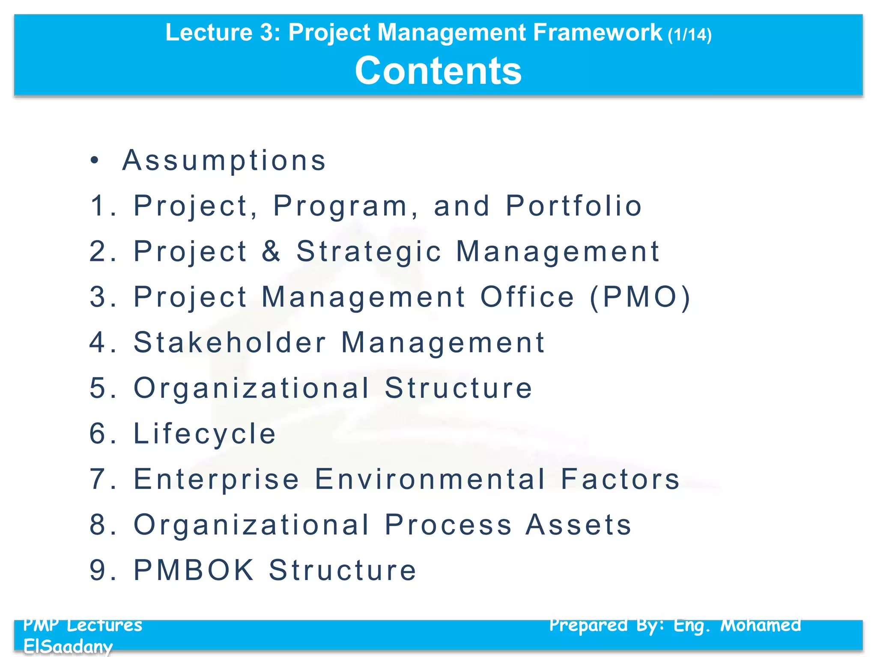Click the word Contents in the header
click(438, 71)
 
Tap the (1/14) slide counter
click(689, 35)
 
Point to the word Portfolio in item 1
click(574, 206)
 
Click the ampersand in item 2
click(271, 251)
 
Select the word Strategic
click(369, 252)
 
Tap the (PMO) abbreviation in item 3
click(640, 297)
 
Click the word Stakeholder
click(230, 342)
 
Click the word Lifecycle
click(205, 434)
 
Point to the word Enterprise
click(216, 479)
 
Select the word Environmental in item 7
click(430, 479)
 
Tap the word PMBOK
click(194, 570)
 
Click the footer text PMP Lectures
click(83, 625)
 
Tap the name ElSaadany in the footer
click(68, 646)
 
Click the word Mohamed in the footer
click(761, 625)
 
